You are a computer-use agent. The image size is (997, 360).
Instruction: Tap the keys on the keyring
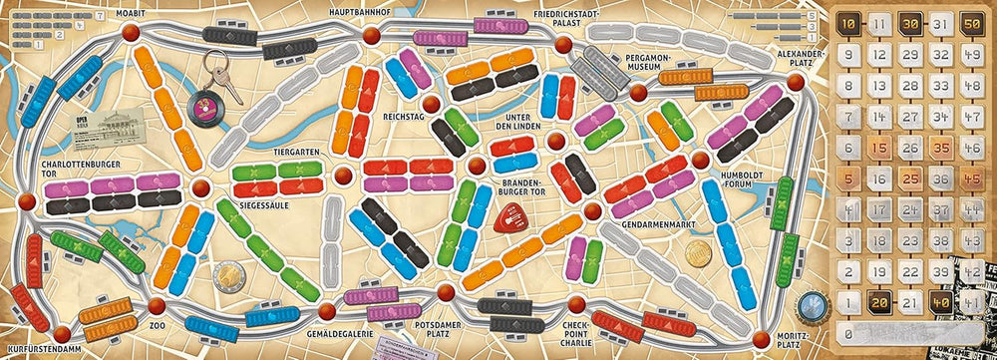click(x=221, y=81)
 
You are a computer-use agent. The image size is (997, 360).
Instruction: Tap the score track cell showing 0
click(x=847, y=333)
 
